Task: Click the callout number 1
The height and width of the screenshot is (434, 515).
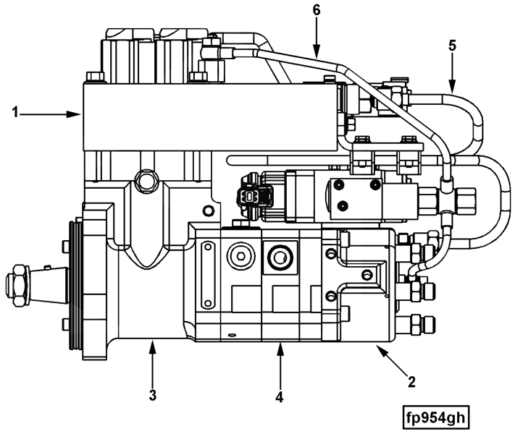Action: click(14, 113)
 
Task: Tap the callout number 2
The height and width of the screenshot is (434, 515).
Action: click(411, 382)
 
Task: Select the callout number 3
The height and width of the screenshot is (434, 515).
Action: click(153, 395)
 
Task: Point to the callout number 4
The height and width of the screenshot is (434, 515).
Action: click(279, 397)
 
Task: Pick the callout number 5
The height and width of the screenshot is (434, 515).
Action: click(452, 46)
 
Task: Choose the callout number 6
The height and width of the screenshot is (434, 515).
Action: click(316, 10)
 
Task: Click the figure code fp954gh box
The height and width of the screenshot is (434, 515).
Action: click(435, 417)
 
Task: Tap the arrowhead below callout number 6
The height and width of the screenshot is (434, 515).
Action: click(317, 51)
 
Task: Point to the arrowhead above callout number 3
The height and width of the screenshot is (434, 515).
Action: click(152, 347)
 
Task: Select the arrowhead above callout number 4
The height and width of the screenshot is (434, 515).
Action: click(280, 349)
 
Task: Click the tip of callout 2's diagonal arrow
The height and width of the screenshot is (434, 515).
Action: click(376, 345)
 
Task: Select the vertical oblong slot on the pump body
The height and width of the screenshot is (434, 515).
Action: click(208, 274)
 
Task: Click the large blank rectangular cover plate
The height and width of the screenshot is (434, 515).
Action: click(210, 116)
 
